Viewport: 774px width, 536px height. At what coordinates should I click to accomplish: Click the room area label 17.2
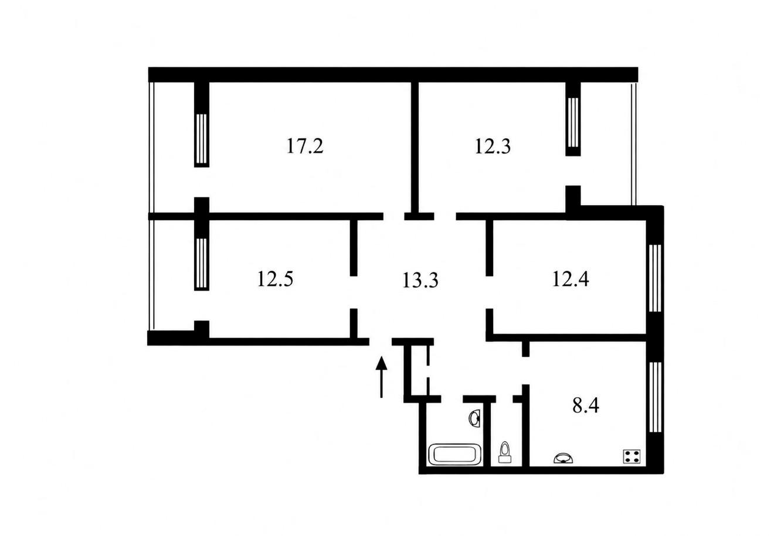point(305,146)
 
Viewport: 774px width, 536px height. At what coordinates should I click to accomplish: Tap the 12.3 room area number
point(493,146)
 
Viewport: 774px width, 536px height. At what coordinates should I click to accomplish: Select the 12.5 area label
point(276,279)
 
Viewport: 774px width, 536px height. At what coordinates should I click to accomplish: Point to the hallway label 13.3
point(420,280)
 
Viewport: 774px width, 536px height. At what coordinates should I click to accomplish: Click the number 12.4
point(571,279)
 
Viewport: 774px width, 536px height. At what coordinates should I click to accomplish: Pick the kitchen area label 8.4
point(586,406)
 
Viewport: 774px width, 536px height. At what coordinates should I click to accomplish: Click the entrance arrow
point(382,377)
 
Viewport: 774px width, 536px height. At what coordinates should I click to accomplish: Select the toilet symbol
point(505,452)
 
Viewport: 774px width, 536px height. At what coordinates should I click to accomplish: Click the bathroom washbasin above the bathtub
point(474,419)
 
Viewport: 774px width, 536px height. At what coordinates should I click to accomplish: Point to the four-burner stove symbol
point(632,456)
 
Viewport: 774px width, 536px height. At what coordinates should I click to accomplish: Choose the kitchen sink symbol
point(563,458)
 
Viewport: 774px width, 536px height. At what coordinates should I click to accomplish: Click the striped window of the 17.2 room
point(202,139)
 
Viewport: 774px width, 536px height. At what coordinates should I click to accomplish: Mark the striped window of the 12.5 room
point(202,264)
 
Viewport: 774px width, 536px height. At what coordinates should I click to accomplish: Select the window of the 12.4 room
point(655,278)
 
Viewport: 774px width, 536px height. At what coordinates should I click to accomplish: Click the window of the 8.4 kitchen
point(655,397)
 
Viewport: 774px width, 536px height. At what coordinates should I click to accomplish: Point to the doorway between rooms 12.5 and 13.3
point(354,292)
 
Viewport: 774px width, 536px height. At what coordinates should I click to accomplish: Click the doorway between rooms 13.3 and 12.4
point(489,292)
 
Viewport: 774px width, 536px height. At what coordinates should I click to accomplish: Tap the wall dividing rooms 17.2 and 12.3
point(415,148)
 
